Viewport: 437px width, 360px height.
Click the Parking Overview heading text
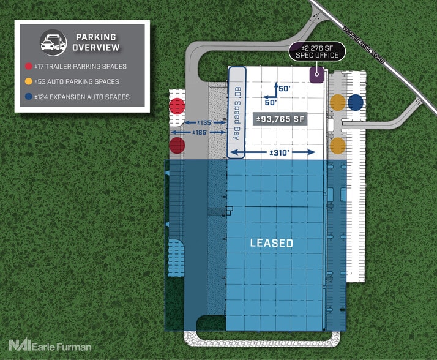tap(96, 42)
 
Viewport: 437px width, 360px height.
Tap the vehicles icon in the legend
tap(53, 43)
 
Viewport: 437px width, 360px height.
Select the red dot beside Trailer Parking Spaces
tap(28, 66)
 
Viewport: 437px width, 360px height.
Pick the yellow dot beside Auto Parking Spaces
tap(28, 81)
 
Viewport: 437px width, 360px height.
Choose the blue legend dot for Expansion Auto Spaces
tap(28, 97)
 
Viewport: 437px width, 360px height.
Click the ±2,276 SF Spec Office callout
tap(317, 51)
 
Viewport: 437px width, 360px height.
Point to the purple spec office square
tap(317, 75)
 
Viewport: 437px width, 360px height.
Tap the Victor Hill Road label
tap(364, 45)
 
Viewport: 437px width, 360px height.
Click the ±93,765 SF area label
tap(280, 119)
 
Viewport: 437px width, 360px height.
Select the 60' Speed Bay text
tap(237, 113)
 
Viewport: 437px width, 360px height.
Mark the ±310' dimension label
tap(280, 152)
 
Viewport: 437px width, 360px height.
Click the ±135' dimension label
tap(205, 122)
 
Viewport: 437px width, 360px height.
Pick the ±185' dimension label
tap(200, 132)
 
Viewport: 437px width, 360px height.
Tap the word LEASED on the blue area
tap(272, 243)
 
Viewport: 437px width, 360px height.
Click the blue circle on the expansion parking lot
tap(356, 102)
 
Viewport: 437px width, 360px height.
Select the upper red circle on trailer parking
tap(177, 106)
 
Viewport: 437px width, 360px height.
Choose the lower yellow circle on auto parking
tap(338, 146)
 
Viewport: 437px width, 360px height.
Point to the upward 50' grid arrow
tap(276, 89)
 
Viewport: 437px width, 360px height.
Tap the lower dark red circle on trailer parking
tap(177, 145)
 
